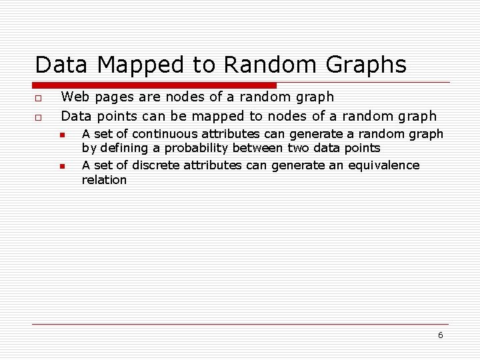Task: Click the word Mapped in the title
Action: tap(140, 65)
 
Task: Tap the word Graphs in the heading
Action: tap(366, 65)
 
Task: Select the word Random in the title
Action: tap(270, 65)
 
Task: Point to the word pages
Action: tap(115, 97)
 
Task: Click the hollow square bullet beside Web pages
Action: tap(38, 98)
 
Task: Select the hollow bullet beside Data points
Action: tap(38, 117)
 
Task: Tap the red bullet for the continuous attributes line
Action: tap(63, 135)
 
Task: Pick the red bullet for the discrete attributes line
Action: tap(63, 166)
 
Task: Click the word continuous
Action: tap(165, 134)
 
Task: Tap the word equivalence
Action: tap(384, 166)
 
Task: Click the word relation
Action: tap(104, 180)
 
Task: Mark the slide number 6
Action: tap(441, 335)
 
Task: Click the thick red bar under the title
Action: tap(154, 85)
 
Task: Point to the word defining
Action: tap(124, 149)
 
